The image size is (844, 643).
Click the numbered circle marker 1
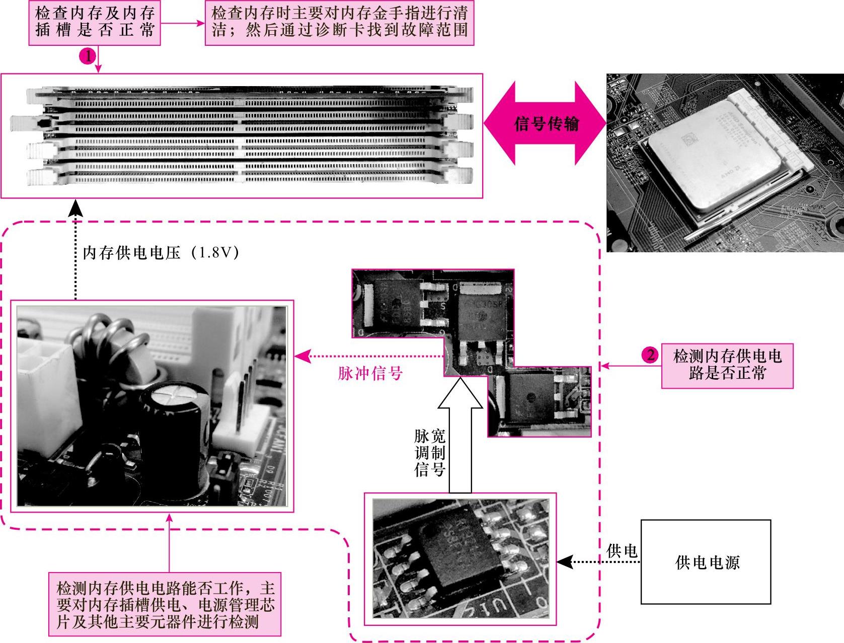pyautogui.click(x=88, y=56)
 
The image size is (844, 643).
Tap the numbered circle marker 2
pyautogui.click(x=650, y=355)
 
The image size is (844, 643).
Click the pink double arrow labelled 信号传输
pyautogui.click(x=545, y=123)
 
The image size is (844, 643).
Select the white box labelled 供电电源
pyautogui.click(x=706, y=561)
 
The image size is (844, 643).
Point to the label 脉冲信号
pyautogui.click(x=370, y=374)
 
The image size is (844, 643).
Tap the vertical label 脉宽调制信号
pyautogui.click(x=429, y=453)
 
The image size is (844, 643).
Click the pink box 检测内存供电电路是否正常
pyautogui.click(x=727, y=366)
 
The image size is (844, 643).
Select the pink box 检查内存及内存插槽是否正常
pyautogui.click(x=95, y=23)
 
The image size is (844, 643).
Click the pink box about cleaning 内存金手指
pyautogui.click(x=340, y=23)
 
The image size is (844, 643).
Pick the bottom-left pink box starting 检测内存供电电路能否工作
pyautogui.click(x=165, y=604)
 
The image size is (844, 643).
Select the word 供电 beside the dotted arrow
pyautogui.click(x=622, y=551)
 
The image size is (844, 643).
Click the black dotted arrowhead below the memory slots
pyautogui.click(x=76, y=207)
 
